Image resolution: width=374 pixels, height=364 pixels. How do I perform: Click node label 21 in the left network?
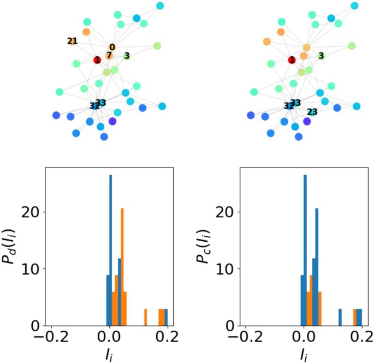coord(72,41)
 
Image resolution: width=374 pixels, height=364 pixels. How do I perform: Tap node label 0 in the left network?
coord(112,47)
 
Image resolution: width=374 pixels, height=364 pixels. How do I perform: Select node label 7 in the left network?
coord(109,56)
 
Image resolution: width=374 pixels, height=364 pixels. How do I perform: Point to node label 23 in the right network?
coord(312,112)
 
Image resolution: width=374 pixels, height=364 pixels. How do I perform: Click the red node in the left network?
coord(97,59)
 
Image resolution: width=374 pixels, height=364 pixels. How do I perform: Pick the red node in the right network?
coord(292,59)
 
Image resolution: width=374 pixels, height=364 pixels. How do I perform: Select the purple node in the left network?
coord(112,121)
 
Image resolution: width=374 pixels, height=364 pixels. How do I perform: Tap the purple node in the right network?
coord(307,121)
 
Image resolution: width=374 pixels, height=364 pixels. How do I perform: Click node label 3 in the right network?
coord(321,56)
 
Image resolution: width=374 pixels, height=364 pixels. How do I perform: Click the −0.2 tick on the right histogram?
coord(245,336)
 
